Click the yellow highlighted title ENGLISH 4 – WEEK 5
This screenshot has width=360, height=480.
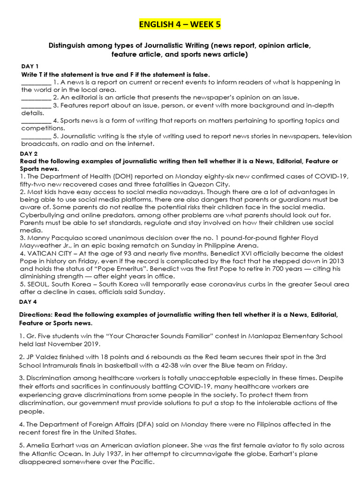click(180, 24)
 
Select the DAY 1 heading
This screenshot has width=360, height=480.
click(30, 66)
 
